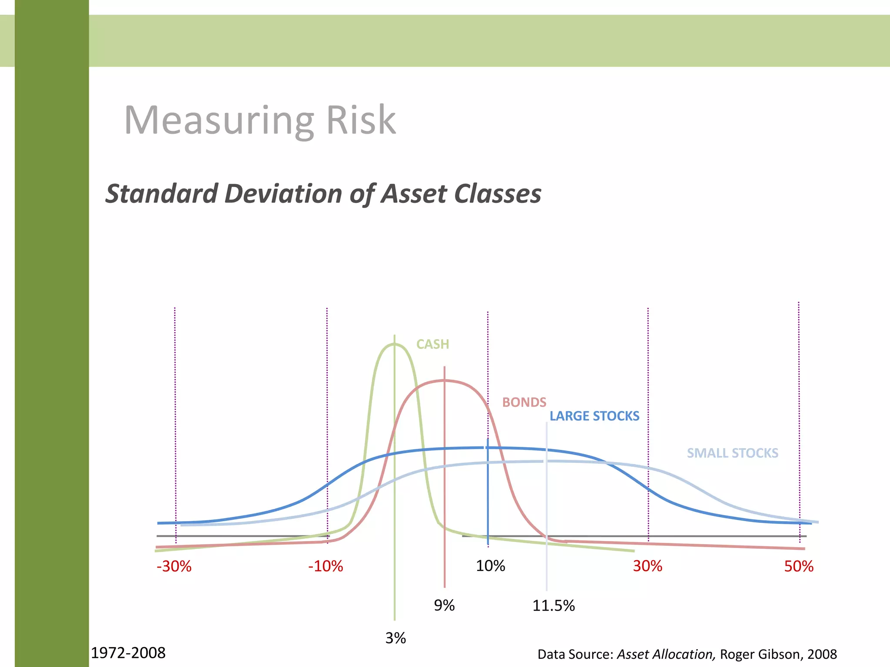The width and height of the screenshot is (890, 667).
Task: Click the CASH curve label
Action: click(x=432, y=344)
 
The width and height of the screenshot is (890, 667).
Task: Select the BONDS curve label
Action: click(x=524, y=403)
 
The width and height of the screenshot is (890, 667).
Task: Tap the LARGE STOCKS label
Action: click(x=594, y=416)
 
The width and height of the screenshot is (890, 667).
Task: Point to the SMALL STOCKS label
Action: click(x=732, y=453)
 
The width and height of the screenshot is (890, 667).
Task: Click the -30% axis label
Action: click(x=174, y=566)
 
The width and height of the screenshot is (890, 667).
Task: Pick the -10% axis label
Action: click(x=325, y=566)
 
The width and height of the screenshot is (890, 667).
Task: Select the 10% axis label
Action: click(x=490, y=566)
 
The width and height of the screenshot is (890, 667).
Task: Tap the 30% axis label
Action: click(x=648, y=566)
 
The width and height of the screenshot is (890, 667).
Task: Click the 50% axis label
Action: click(x=799, y=566)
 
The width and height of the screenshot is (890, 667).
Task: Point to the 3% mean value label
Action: click(x=395, y=638)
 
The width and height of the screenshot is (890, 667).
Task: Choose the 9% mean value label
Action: click(x=444, y=605)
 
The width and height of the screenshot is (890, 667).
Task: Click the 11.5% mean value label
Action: click(x=553, y=605)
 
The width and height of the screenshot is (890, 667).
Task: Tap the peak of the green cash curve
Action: click(x=394, y=344)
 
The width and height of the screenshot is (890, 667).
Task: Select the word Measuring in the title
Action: click(x=219, y=121)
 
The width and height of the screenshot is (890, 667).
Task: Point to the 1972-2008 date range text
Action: click(x=128, y=653)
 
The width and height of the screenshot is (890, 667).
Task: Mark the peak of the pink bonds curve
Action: click(x=444, y=380)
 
